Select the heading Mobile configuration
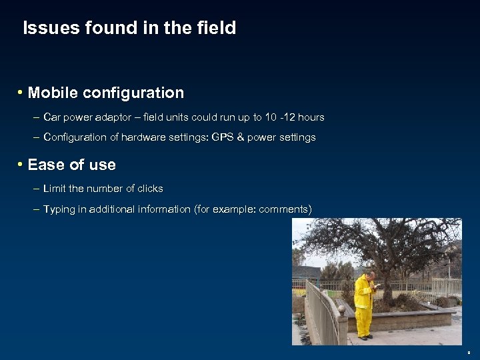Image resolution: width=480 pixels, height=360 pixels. click(x=105, y=93)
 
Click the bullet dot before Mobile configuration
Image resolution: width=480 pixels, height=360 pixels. click(x=21, y=92)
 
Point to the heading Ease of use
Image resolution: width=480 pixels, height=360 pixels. click(x=71, y=165)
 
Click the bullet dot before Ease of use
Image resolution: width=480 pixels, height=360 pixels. click(x=21, y=164)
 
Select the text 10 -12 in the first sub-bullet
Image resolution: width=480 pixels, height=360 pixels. click(x=279, y=117)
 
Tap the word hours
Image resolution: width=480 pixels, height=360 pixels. click(x=311, y=117)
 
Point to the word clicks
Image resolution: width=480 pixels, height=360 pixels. click(x=149, y=189)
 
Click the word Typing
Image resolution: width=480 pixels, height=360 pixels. click(x=59, y=209)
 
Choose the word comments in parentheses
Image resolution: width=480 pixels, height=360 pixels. click(x=283, y=209)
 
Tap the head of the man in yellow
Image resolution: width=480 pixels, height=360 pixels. click(x=371, y=275)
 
